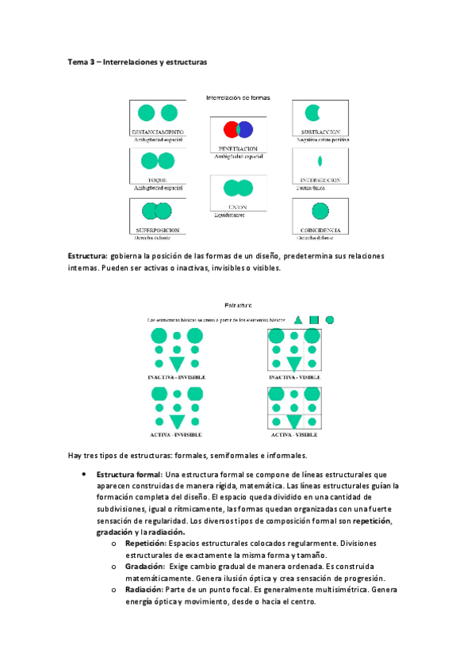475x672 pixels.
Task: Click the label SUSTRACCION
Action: point(320,131)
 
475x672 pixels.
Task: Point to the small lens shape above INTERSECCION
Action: point(320,160)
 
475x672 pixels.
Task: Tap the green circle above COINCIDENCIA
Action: point(320,211)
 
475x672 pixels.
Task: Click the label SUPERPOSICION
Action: point(158,230)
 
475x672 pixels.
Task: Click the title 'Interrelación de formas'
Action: point(238,98)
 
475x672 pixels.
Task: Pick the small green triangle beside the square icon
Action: point(298,319)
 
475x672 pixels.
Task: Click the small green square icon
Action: point(314,319)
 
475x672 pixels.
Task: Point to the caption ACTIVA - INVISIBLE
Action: point(175,434)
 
